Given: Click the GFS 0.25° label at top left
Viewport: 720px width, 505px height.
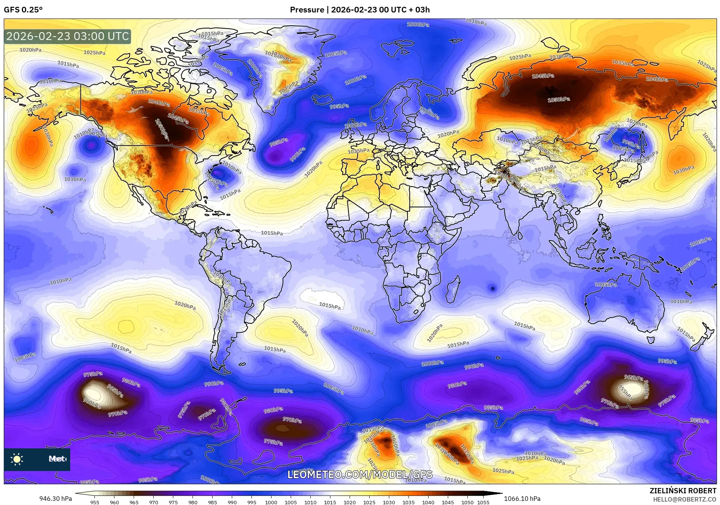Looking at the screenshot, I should tap(23, 10).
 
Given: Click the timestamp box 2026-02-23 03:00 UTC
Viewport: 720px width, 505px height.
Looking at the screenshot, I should tap(68, 36).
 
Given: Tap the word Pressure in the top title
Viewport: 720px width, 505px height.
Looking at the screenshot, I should tap(307, 10).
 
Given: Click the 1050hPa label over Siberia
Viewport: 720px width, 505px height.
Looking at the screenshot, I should tap(559, 100).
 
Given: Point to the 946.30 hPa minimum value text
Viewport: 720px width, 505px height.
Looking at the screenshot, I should tap(56, 499).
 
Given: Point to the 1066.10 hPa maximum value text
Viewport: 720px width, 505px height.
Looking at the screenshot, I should tap(522, 499).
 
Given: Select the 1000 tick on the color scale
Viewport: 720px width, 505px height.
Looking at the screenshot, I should tap(271, 502).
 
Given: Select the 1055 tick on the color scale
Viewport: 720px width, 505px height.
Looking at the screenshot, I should tap(483, 502).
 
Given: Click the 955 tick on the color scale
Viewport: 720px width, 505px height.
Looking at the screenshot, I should tap(94, 502).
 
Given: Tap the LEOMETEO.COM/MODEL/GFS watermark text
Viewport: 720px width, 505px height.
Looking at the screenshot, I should tap(360, 475).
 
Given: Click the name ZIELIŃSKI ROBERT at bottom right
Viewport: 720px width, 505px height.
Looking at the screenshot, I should tap(683, 491).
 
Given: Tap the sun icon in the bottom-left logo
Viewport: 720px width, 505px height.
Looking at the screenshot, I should tap(17, 459).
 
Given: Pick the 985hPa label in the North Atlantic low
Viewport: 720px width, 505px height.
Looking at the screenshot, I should tap(279, 142).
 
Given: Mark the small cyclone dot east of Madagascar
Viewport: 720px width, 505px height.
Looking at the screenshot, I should tap(492, 288).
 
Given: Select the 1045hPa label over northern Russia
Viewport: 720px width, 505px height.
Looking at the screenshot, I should tap(543, 76).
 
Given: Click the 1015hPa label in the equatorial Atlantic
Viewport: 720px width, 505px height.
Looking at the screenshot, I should tap(272, 233).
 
